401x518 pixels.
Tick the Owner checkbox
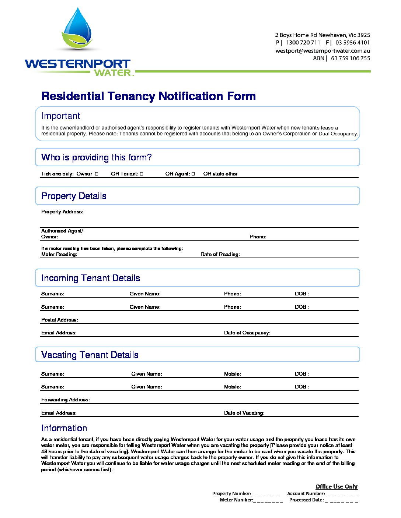[x=97, y=174]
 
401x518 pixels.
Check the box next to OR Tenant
[x=142, y=174]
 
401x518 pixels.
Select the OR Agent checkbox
[x=193, y=174]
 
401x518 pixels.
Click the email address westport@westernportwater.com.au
[x=322, y=51]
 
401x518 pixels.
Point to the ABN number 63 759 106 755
[x=350, y=58]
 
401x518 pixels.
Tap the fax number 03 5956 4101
[x=352, y=43]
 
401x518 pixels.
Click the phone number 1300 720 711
[x=303, y=43]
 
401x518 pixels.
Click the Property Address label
[x=62, y=212]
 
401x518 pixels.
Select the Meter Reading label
[x=59, y=254]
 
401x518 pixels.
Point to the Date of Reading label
[x=220, y=254]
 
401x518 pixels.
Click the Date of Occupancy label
[x=247, y=333]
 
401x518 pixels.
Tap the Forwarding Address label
[x=65, y=400]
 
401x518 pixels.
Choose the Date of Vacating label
[x=244, y=413]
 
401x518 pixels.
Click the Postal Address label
[x=59, y=320]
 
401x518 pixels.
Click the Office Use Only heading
[x=336, y=486]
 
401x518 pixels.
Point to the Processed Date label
[x=306, y=500]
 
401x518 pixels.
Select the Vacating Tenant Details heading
[x=90, y=355]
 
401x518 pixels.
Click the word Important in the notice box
[x=60, y=116]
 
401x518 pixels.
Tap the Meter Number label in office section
[x=236, y=500]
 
